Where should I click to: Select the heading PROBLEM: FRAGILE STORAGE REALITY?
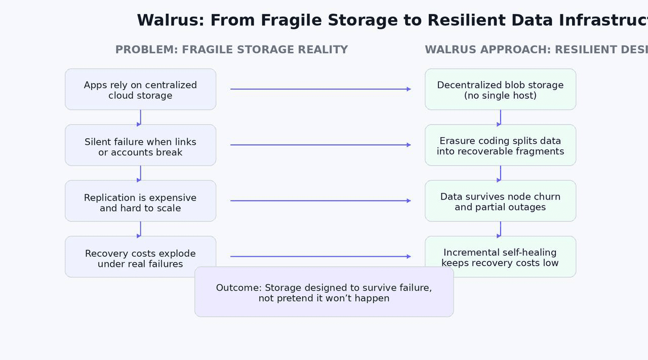(231, 50)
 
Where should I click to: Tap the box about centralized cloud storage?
(140, 90)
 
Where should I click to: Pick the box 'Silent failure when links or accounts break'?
(140, 145)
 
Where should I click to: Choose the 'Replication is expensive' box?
(140, 201)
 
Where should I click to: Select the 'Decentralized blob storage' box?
(500, 90)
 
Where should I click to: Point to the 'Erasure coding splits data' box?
(500, 145)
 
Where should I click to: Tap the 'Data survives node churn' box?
(500, 201)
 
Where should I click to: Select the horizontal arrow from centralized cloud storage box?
(320, 89)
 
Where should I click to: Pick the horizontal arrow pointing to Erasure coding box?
(320, 145)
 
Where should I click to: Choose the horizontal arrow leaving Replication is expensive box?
(320, 201)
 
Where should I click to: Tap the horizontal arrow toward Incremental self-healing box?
(320, 257)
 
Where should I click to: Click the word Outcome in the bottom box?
(236, 288)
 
